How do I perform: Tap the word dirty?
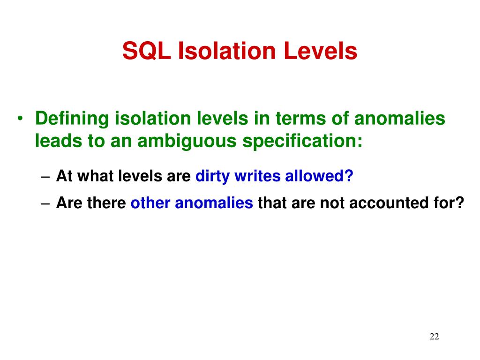[x=212, y=176]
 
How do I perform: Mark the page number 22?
[x=434, y=337]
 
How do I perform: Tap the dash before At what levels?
[x=45, y=177]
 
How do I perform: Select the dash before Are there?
[x=45, y=204]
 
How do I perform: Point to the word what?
[x=93, y=176]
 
